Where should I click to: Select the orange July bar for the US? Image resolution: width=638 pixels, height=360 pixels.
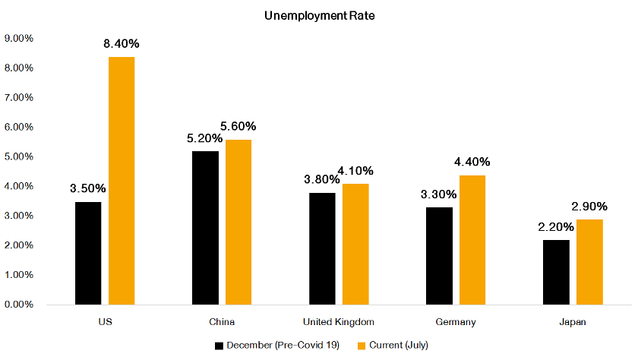click(x=122, y=181)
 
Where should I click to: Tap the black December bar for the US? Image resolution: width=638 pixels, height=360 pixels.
click(x=88, y=253)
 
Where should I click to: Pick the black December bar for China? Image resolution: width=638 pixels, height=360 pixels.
click(x=205, y=228)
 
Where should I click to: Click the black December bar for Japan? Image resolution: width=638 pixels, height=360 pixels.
click(x=556, y=272)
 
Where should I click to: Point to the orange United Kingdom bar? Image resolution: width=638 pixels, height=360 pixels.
click(x=355, y=244)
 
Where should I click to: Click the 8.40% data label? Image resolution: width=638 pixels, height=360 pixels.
click(x=122, y=44)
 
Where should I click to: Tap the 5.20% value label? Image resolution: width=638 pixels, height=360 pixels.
click(x=204, y=138)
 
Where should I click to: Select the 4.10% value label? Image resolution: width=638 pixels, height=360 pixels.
click(x=355, y=171)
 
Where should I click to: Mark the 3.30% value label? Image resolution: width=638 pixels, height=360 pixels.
click(x=439, y=194)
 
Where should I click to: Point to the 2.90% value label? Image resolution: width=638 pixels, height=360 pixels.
click(x=589, y=207)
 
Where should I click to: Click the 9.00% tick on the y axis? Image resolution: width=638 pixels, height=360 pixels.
click(x=19, y=38)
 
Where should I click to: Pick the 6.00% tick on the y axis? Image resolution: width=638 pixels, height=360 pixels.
click(x=19, y=127)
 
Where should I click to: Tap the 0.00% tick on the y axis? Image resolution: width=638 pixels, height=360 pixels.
click(x=19, y=305)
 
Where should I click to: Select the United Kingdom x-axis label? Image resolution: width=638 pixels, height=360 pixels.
click(x=339, y=322)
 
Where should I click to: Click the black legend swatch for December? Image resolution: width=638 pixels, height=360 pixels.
click(x=219, y=346)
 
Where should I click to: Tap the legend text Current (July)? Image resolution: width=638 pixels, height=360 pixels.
click(x=396, y=346)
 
